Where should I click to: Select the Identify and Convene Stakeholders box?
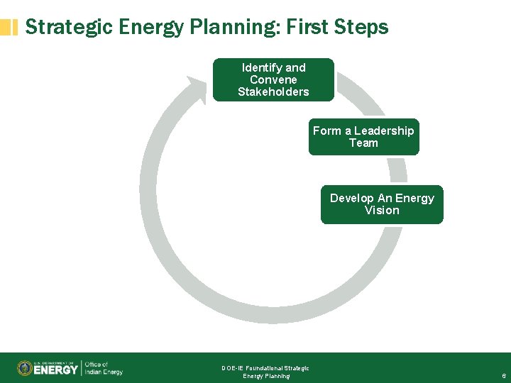click(x=273, y=79)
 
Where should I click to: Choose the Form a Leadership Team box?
click(x=363, y=137)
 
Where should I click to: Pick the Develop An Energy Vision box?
click(x=382, y=204)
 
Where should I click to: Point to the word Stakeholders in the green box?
click(x=273, y=92)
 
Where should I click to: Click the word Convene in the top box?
click(x=273, y=79)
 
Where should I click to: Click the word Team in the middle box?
click(x=363, y=143)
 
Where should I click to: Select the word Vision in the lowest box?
click(x=382, y=211)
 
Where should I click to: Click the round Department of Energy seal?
click(x=24, y=368)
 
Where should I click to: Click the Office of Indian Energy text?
click(x=103, y=368)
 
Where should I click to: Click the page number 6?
click(x=503, y=376)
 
